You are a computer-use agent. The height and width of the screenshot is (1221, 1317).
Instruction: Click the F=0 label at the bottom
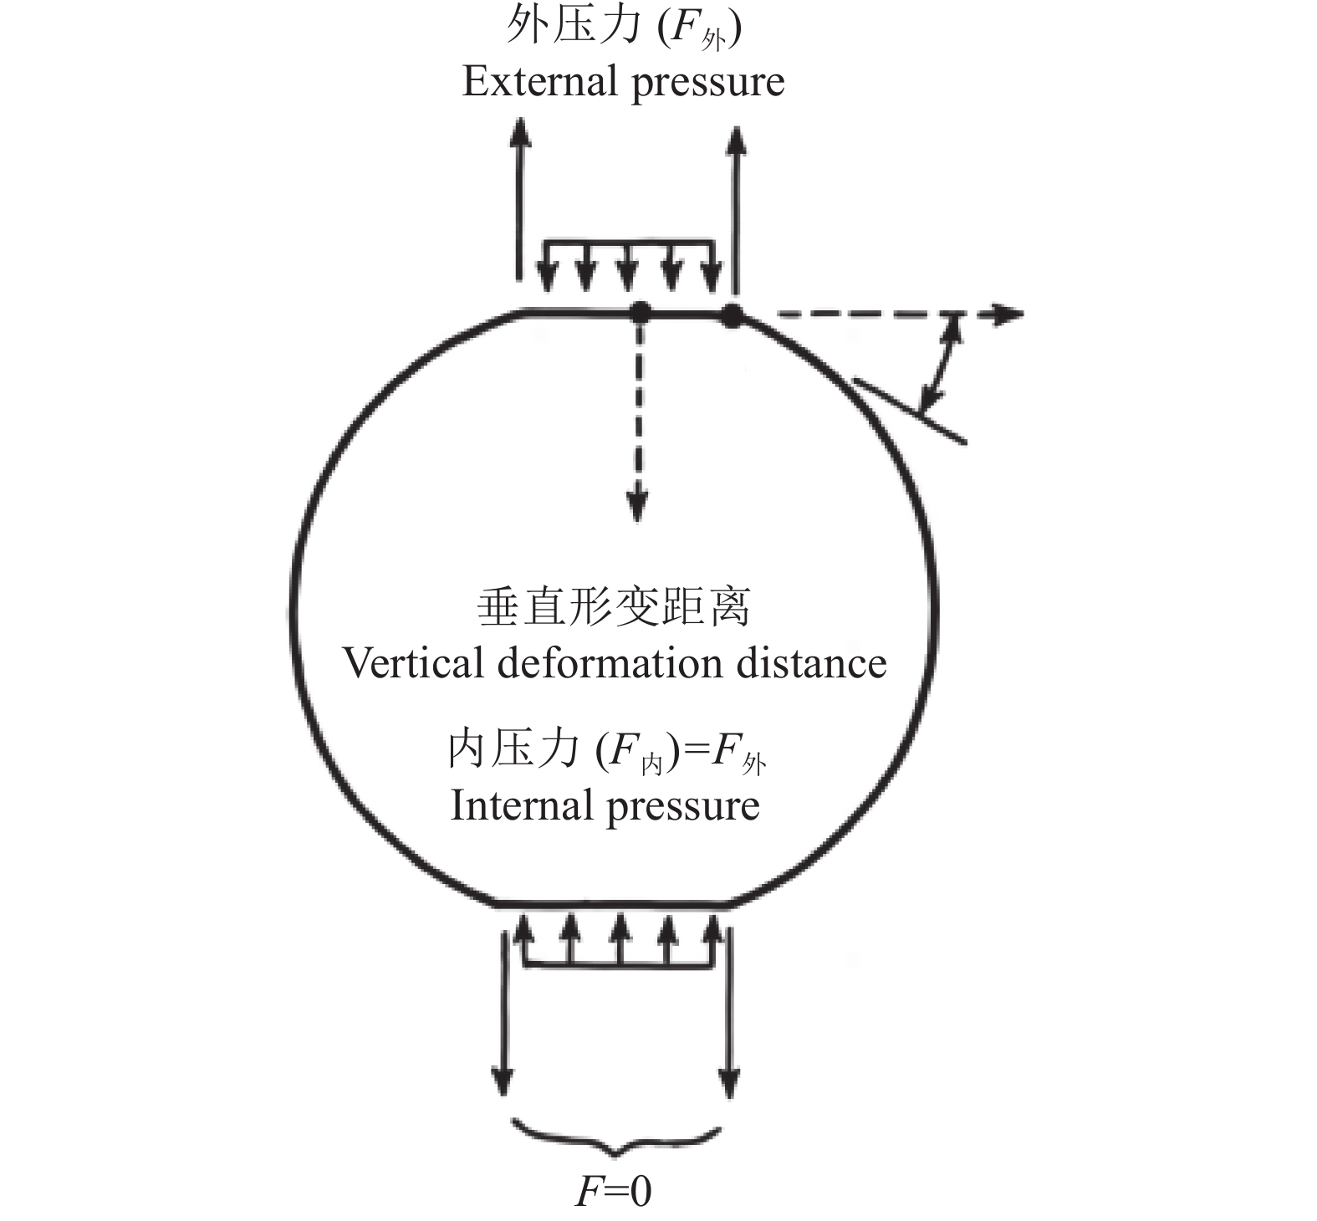pyautogui.click(x=613, y=1191)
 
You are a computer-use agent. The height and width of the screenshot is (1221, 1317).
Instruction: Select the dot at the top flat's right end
pyautogui.click(x=733, y=314)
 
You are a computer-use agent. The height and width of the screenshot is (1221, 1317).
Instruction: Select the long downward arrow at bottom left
pyautogui.click(x=503, y=1012)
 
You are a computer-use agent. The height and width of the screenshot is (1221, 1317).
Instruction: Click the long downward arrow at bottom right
pyautogui.click(x=730, y=1012)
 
